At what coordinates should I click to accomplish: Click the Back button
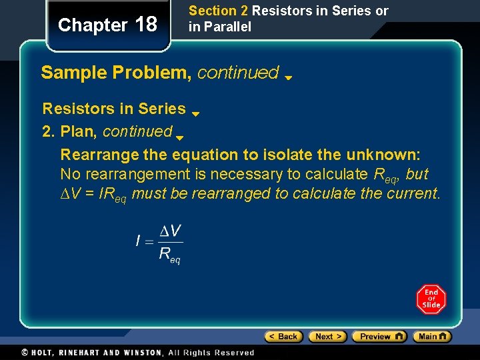(x=284, y=337)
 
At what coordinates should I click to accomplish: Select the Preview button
(x=379, y=337)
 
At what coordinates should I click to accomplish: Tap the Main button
(x=432, y=337)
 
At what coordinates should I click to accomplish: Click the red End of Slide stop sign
(x=431, y=299)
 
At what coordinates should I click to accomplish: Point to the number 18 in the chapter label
(x=146, y=25)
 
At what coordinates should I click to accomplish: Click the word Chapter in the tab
(x=93, y=25)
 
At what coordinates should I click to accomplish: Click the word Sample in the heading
(x=67, y=73)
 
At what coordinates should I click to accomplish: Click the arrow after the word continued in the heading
(x=289, y=77)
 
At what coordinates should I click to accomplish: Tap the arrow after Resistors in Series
(x=196, y=113)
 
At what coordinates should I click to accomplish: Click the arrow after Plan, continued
(x=180, y=137)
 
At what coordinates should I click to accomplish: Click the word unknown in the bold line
(x=381, y=155)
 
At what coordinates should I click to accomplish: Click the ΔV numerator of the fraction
(x=171, y=231)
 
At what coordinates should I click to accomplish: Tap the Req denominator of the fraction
(x=169, y=254)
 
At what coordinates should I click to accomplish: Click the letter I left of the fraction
(x=138, y=241)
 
